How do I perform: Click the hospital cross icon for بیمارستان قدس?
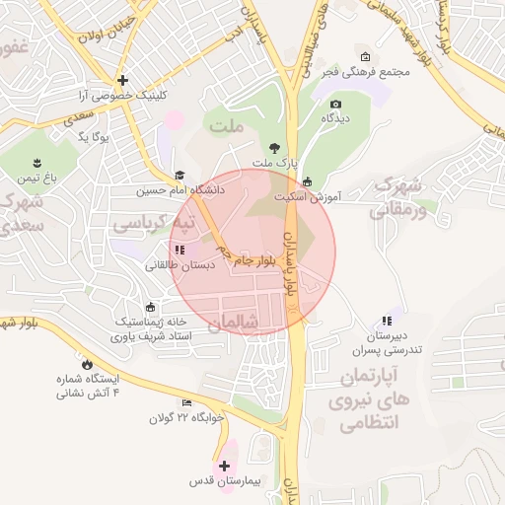225,465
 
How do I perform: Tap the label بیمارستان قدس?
225,481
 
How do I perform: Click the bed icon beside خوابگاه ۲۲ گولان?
187,402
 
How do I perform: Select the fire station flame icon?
88,363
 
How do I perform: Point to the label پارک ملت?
273,162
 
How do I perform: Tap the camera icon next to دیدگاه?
335,104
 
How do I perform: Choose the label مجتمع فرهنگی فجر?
365,71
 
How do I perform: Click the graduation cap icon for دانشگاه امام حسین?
180,175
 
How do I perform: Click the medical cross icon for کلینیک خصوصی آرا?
122,80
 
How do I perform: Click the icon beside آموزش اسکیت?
307,181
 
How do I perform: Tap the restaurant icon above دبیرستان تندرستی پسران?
386,321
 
